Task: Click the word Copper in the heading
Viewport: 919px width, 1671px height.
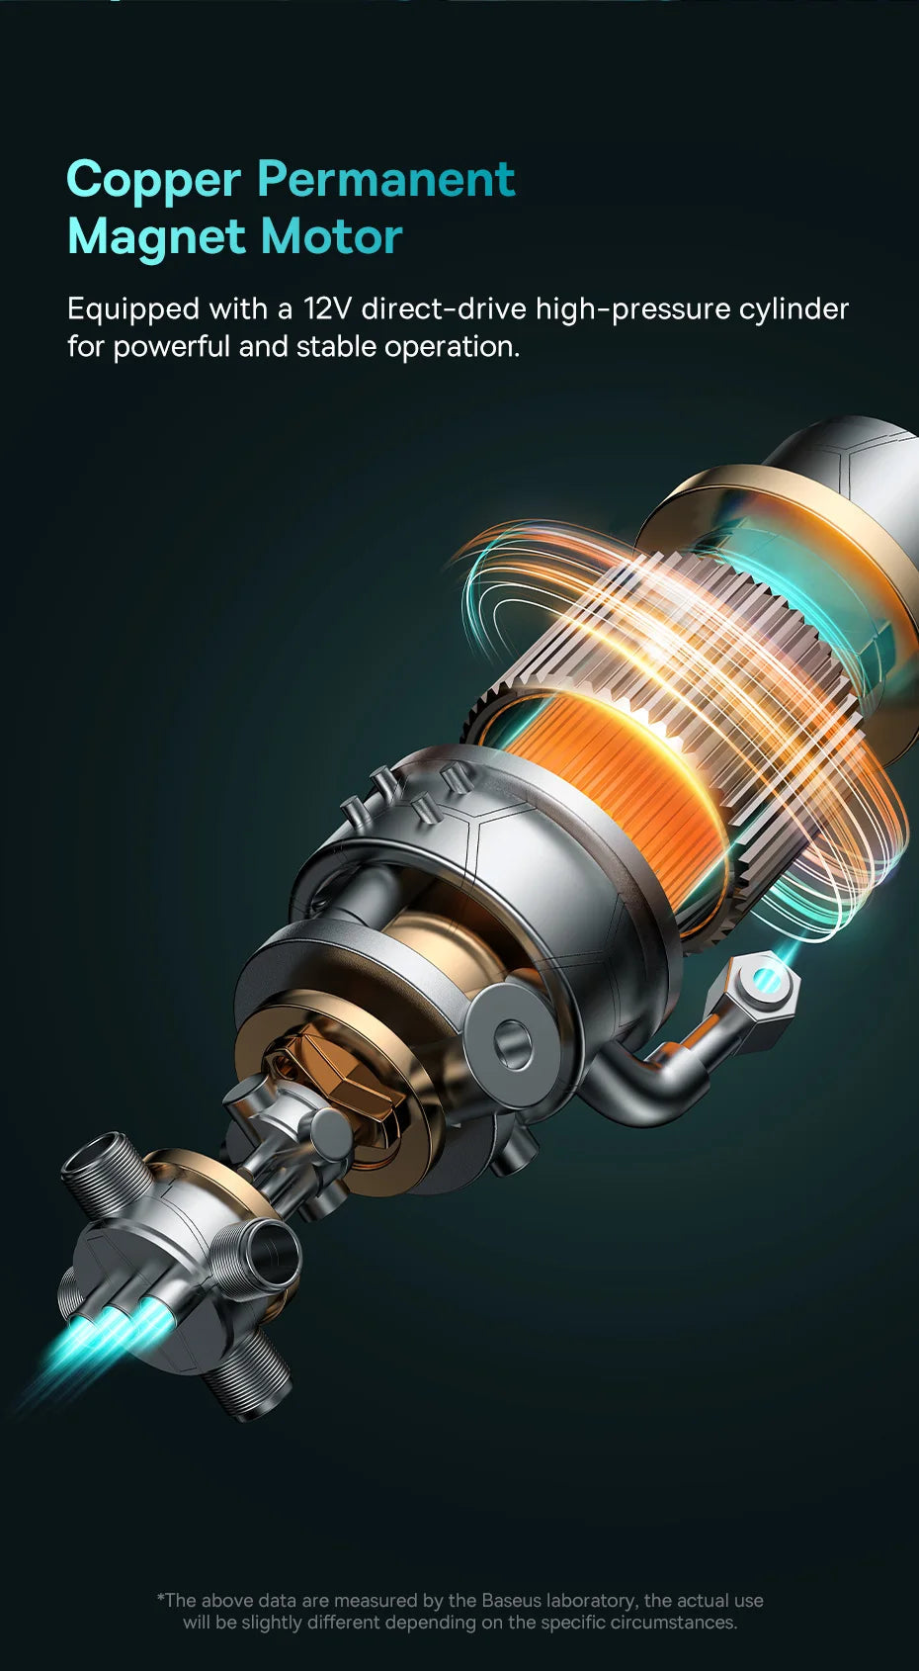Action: coord(153,181)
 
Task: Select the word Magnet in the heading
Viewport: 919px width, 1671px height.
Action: coord(156,238)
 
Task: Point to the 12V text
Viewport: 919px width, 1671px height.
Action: coord(326,308)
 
